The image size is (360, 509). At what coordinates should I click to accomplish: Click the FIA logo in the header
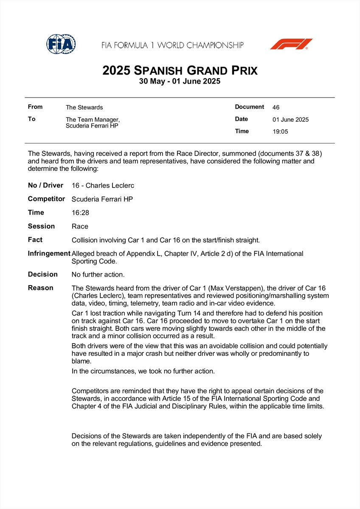61,44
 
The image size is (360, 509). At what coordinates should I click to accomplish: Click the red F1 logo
291,44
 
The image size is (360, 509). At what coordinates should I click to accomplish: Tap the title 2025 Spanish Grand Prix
180,70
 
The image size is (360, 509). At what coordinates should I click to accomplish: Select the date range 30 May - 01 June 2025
180,81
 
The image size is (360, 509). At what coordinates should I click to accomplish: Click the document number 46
276,107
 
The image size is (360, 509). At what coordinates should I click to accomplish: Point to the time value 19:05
280,131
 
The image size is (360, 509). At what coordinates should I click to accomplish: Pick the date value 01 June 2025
290,120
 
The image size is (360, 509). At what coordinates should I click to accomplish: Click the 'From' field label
35,107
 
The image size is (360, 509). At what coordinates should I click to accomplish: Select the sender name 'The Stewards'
84,107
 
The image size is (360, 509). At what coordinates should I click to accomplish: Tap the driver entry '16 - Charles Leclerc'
103,185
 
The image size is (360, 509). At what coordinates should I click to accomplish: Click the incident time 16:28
80,213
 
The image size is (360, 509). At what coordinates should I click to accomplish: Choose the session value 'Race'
80,227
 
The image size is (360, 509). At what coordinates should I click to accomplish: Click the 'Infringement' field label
49,253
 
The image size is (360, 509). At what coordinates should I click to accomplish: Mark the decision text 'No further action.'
98,274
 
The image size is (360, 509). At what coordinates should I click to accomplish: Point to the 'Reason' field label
41,288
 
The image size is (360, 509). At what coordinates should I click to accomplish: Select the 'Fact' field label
35,240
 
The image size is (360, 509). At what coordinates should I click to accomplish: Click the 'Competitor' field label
46,199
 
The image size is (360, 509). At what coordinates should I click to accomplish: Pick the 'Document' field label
249,107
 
